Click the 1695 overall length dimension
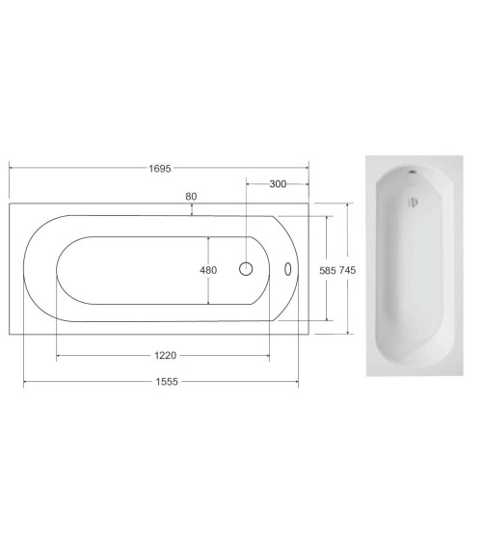[160, 169]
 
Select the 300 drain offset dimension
[278, 184]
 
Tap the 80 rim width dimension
[191, 197]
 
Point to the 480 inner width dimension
[208, 270]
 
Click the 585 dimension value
[328, 270]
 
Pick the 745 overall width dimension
[347, 270]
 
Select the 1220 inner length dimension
[166, 355]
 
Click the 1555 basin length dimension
[167, 382]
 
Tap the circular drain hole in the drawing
[246, 269]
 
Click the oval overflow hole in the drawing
[288, 269]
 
